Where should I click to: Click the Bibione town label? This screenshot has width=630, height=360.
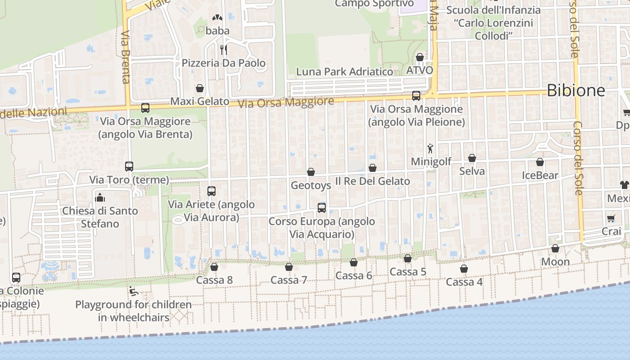coord(576,90)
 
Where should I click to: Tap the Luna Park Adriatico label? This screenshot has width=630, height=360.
coord(344,72)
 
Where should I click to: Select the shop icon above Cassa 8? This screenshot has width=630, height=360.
coord(214,267)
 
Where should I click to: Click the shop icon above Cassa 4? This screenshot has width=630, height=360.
coord(464,269)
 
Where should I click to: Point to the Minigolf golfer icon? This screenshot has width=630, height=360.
coord(431,148)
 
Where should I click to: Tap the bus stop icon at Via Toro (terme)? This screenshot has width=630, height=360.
coord(129,166)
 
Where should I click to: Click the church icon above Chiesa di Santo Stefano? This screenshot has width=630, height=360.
coord(100,198)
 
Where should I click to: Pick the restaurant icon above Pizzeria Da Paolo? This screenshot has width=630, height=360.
coord(223,49)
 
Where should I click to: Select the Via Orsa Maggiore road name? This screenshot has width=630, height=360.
coord(286,102)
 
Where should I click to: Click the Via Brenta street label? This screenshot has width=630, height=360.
coord(126,57)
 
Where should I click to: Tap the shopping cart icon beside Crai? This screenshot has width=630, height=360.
coord(611,218)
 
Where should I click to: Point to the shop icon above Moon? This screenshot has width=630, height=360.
coord(555,248)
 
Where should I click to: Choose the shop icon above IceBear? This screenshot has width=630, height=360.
coord(540,162)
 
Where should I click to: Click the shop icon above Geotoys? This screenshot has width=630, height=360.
coord(310,172)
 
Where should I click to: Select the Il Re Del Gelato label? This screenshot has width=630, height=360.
coord(373,181)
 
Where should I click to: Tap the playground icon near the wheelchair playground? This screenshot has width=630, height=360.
coord(133,292)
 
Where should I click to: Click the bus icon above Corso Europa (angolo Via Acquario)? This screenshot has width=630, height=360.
coord(322,208)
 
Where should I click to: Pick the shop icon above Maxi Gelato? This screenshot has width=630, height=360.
coord(200,88)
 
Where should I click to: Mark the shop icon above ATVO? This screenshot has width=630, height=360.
coord(419,57)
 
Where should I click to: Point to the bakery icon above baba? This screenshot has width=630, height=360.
coord(217,18)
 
